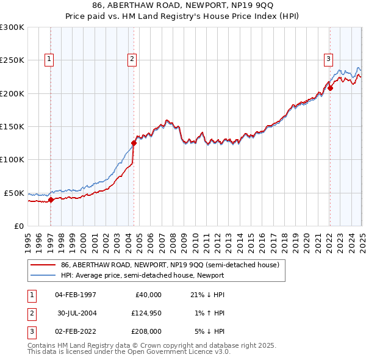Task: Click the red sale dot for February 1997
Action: click(x=51, y=199)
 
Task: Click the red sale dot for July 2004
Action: click(x=134, y=143)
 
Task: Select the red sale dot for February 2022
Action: click(x=330, y=88)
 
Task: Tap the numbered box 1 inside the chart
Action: click(x=49, y=59)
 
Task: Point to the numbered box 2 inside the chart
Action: click(x=132, y=59)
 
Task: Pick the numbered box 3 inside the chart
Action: click(x=328, y=59)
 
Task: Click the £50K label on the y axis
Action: click(x=13, y=193)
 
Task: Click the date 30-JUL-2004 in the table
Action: click(x=76, y=313)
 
